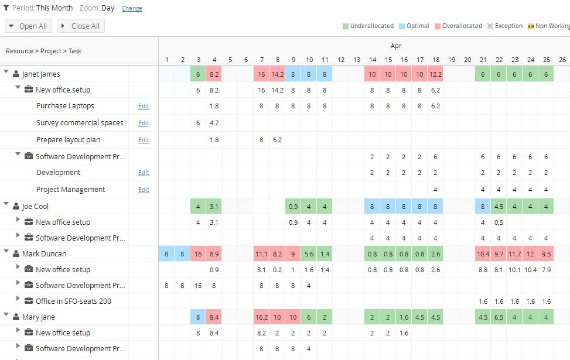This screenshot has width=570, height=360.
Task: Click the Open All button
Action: (x=28, y=26)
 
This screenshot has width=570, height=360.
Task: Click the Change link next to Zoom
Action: (x=132, y=9)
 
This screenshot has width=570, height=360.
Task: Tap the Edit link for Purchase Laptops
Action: (x=144, y=107)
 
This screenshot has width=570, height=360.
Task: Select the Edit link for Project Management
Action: (x=144, y=190)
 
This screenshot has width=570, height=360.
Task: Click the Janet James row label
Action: (x=41, y=74)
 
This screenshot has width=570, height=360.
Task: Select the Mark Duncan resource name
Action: (x=44, y=254)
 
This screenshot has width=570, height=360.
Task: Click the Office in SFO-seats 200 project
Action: (x=73, y=301)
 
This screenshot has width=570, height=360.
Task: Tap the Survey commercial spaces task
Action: (x=80, y=123)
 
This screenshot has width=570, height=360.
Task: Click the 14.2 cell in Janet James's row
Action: (x=277, y=74)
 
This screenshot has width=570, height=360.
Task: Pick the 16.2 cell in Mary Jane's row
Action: (x=261, y=317)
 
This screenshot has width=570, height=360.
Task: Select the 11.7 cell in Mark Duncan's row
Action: (x=514, y=254)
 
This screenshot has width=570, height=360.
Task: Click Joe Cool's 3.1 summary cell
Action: (x=214, y=207)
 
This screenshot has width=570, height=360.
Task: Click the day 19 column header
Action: (x=451, y=60)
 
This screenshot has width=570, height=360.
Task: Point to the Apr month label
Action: (x=396, y=46)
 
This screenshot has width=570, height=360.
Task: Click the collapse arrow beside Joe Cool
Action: (x=6, y=205)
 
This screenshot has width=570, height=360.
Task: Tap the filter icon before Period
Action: (x=7, y=8)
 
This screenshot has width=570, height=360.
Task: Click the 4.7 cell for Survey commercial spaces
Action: (x=214, y=123)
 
